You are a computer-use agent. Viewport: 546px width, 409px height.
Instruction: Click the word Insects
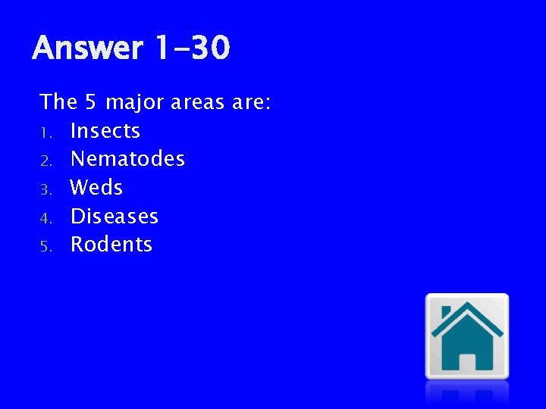click(105, 131)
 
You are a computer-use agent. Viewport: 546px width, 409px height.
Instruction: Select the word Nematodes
click(127, 159)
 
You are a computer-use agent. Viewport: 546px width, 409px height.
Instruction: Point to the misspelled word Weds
click(96, 187)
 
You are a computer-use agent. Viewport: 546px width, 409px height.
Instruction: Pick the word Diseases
click(115, 216)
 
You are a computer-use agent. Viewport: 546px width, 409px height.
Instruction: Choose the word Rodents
click(111, 245)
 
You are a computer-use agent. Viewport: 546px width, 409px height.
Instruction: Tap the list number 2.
click(45, 161)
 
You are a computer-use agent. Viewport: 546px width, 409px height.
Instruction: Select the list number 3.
click(45, 189)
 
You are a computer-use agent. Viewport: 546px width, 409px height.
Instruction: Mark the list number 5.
click(45, 246)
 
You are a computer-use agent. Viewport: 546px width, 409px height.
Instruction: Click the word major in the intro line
click(136, 102)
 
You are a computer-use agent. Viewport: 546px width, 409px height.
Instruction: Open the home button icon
click(466, 336)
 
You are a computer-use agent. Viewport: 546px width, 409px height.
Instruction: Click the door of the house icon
click(467, 361)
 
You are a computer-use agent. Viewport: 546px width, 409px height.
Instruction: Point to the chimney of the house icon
click(445, 312)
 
